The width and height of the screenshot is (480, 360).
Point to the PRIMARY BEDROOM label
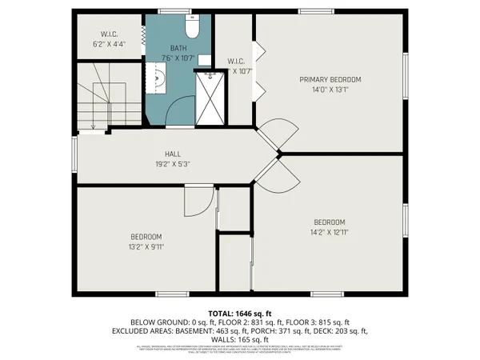330,79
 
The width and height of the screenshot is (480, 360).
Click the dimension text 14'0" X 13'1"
330,90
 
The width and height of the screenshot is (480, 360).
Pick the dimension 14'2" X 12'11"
329,232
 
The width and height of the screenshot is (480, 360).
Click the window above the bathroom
170,11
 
